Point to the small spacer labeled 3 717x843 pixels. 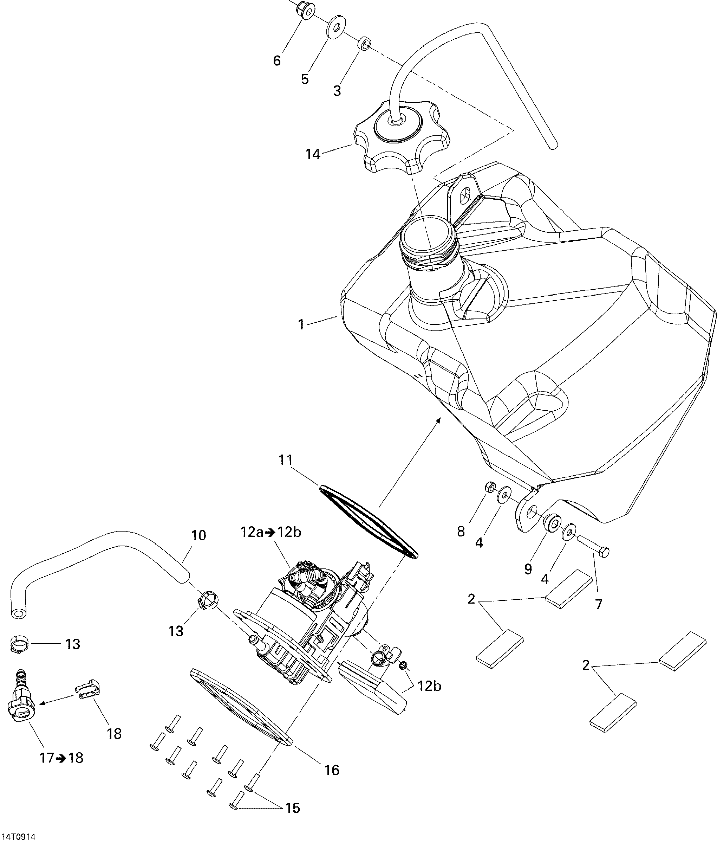[364, 43]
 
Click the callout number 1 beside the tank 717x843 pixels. [301, 324]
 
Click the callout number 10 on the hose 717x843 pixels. [199, 535]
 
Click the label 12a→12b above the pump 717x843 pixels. [271, 532]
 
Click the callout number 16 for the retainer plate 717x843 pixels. [332, 770]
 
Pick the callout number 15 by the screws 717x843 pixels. [293, 807]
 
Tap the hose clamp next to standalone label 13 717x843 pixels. [18, 644]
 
